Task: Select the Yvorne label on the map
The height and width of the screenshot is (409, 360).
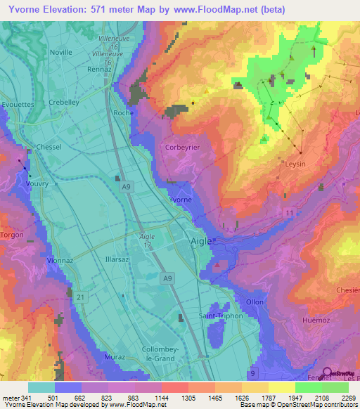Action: pyautogui.click(x=180, y=200)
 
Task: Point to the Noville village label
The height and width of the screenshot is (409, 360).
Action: pyautogui.click(x=61, y=52)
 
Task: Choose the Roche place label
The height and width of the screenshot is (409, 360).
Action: pyautogui.click(x=123, y=112)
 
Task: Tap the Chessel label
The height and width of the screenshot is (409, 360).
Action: pyautogui.click(x=49, y=147)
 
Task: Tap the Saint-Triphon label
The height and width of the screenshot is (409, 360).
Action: pyautogui.click(x=220, y=316)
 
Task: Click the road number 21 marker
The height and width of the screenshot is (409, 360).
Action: pyautogui.click(x=81, y=299)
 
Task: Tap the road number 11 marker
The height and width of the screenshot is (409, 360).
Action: pyautogui.click(x=289, y=212)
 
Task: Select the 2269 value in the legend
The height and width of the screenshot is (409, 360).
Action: pyautogui.click(x=347, y=398)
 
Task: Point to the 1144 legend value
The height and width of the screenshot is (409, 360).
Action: pyautogui.click(x=162, y=398)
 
